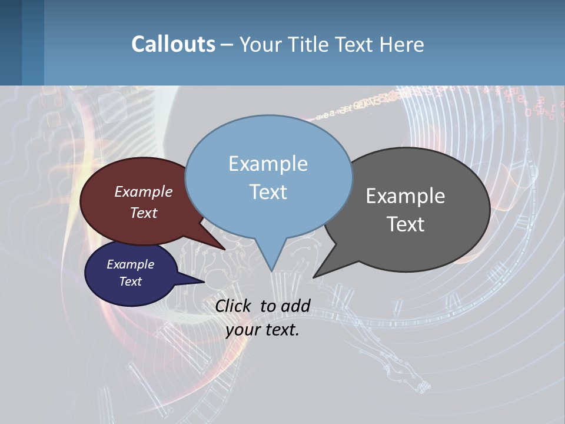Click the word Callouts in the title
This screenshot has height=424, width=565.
(173, 44)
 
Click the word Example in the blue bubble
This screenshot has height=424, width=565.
(268, 163)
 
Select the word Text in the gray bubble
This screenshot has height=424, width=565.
(406, 224)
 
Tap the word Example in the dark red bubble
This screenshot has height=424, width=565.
(144, 191)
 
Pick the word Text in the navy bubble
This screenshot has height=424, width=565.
(131, 281)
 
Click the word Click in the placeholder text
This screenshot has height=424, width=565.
(235, 306)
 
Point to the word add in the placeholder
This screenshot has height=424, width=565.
(295, 306)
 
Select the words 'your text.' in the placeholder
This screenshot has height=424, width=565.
(262, 330)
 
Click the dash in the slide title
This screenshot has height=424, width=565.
(227, 45)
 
